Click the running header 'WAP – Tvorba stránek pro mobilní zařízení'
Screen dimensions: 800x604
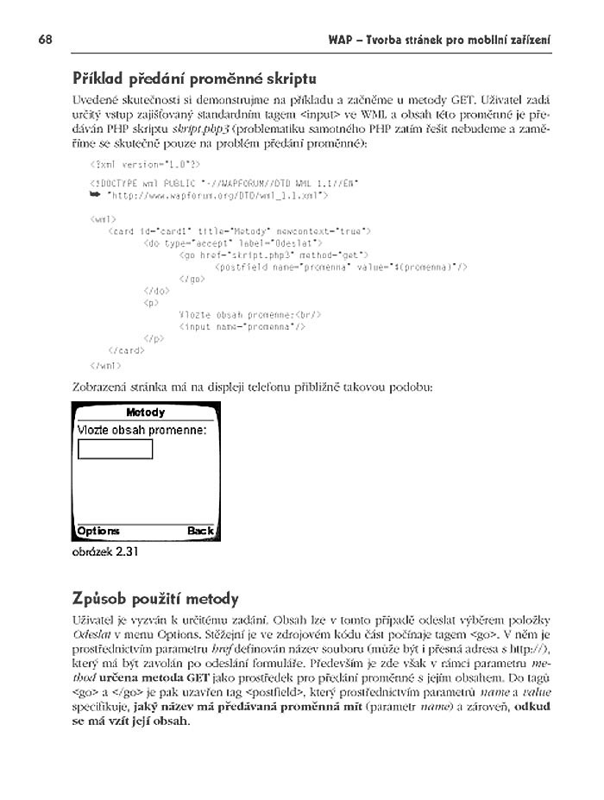point(440,41)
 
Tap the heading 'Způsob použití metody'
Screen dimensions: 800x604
point(155,598)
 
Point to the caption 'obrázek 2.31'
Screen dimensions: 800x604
point(104,553)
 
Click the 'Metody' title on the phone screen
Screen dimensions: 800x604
point(145,413)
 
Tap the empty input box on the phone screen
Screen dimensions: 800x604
point(115,449)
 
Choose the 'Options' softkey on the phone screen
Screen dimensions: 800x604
point(98,531)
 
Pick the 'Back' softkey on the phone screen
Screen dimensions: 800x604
point(200,531)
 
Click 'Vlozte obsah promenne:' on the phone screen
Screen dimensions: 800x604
point(142,430)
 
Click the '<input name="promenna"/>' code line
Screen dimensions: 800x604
point(242,327)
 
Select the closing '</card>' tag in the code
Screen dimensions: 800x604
point(126,351)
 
